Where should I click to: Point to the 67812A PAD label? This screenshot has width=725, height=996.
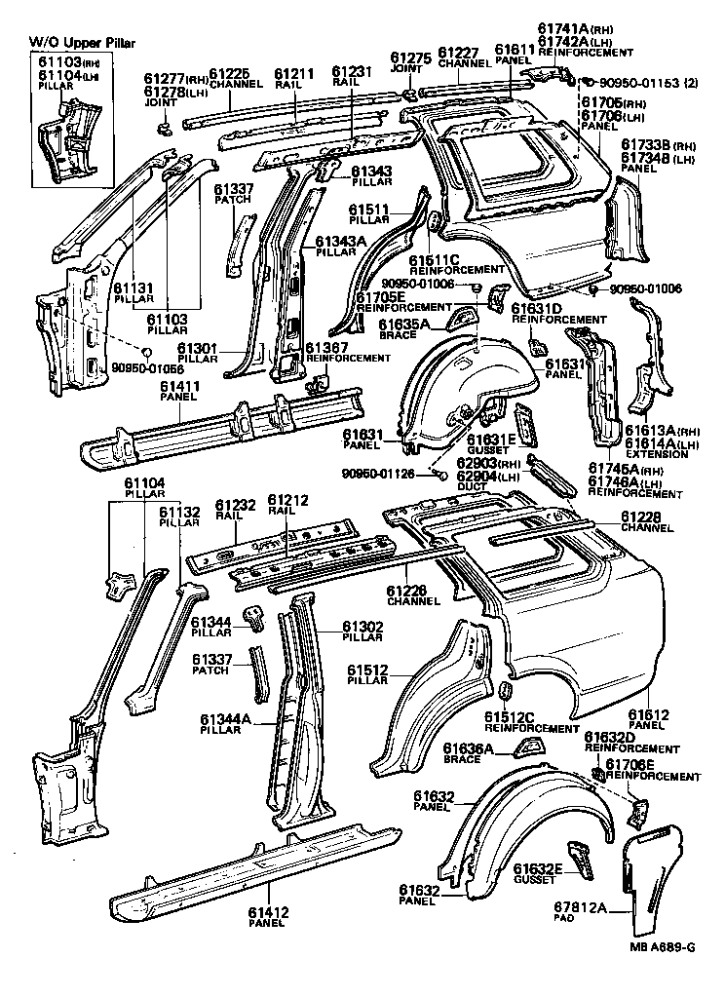tap(587, 911)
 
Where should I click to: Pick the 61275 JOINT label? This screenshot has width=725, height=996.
tap(409, 62)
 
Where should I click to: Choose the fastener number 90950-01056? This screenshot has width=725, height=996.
tap(146, 368)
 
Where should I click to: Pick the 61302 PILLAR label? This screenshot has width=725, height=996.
tap(362, 631)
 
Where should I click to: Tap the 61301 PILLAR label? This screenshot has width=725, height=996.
tap(202, 353)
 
